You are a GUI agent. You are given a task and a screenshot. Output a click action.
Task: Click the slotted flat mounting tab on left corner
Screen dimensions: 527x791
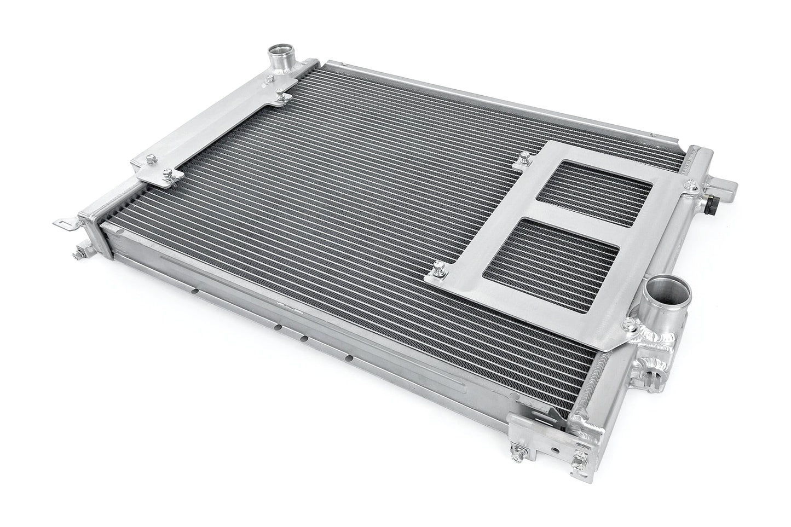66,222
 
